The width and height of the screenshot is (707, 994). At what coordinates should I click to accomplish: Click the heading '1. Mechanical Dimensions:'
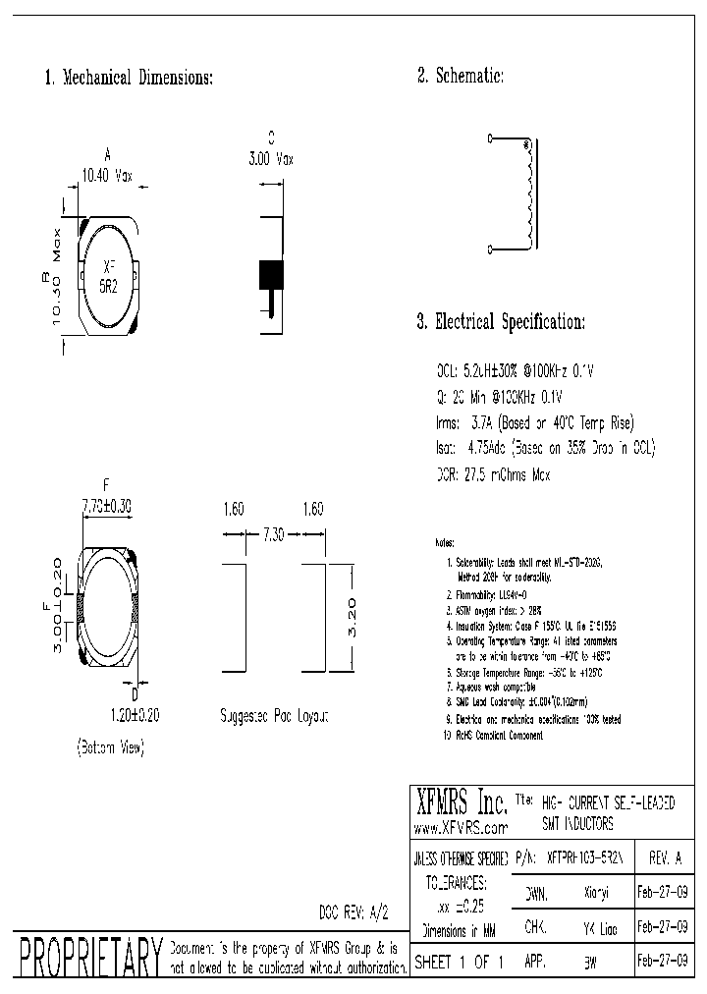[129, 78]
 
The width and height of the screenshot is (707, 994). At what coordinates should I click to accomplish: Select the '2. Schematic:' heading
[461, 76]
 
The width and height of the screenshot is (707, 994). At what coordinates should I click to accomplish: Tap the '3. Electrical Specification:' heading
[501, 322]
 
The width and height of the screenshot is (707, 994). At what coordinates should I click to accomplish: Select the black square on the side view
[270, 274]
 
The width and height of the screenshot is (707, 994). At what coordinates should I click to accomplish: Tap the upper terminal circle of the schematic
[490, 140]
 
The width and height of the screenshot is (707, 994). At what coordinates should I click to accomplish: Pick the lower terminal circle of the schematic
[490, 251]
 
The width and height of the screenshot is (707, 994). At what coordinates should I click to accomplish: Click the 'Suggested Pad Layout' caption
[274, 717]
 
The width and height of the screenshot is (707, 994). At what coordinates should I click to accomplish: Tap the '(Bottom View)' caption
[110, 748]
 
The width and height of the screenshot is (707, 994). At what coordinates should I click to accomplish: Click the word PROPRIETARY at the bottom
[89, 958]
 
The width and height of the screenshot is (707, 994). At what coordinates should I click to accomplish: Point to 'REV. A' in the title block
[665, 857]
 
